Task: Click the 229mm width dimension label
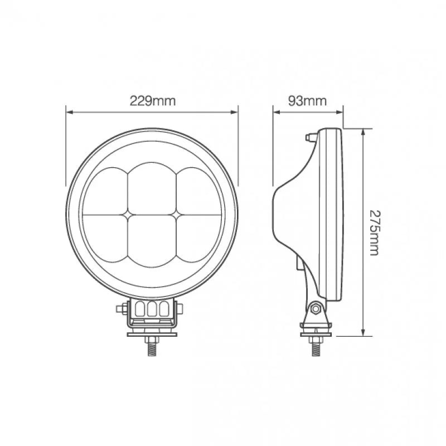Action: click(x=152, y=101)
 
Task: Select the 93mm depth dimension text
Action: click(x=307, y=101)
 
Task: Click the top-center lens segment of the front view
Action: click(x=152, y=187)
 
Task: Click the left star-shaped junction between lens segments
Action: click(x=128, y=214)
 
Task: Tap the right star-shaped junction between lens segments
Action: click(x=176, y=214)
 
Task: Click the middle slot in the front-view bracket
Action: click(x=152, y=309)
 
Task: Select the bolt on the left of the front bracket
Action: click(x=120, y=308)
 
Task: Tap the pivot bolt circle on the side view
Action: click(x=316, y=308)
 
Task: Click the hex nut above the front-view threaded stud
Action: click(x=152, y=340)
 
